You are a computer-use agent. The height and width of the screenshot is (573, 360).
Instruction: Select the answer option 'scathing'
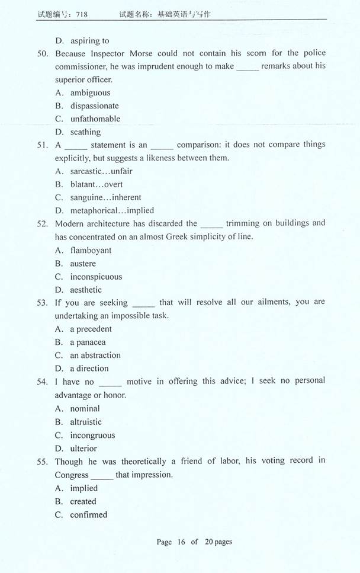pyautogui.click(x=85, y=132)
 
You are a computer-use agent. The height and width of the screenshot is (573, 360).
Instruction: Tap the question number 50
pyautogui.click(x=42, y=53)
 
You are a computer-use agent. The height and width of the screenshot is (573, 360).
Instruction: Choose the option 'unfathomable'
pyautogui.click(x=95, y=119)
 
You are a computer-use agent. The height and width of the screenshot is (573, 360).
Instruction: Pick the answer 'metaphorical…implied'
pyautogui.click(x=112, y=210)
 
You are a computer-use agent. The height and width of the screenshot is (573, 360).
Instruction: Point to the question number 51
pyautogui.click(x=42, y=145)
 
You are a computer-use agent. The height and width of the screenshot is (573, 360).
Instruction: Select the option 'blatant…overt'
pyautogui.click(x=97, y=184)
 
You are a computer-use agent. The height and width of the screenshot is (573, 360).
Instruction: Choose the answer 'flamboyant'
pyautogui.click(x=91, y=250)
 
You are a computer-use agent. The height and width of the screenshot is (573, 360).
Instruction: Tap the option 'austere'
pyautogui.click(x=83, y=264)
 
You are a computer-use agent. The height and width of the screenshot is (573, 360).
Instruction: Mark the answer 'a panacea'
pyautogui.click(x=88, y=342)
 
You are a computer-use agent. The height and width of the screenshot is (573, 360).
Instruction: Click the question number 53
pyautogui.click(x=42, y=302)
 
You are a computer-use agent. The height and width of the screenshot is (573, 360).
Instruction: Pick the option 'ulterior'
pyautogui.click(x=83, y=449)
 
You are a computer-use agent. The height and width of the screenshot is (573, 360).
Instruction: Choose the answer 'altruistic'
pyautogui.click(x=86, y=422)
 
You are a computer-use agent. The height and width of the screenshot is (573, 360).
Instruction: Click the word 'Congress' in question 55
pyautogui.click(x=72, y=475)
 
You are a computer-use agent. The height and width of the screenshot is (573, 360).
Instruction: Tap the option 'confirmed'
pyautogui.click(x=89, y=514)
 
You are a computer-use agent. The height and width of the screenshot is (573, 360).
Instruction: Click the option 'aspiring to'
pyautogui.click(x=89, y=40)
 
